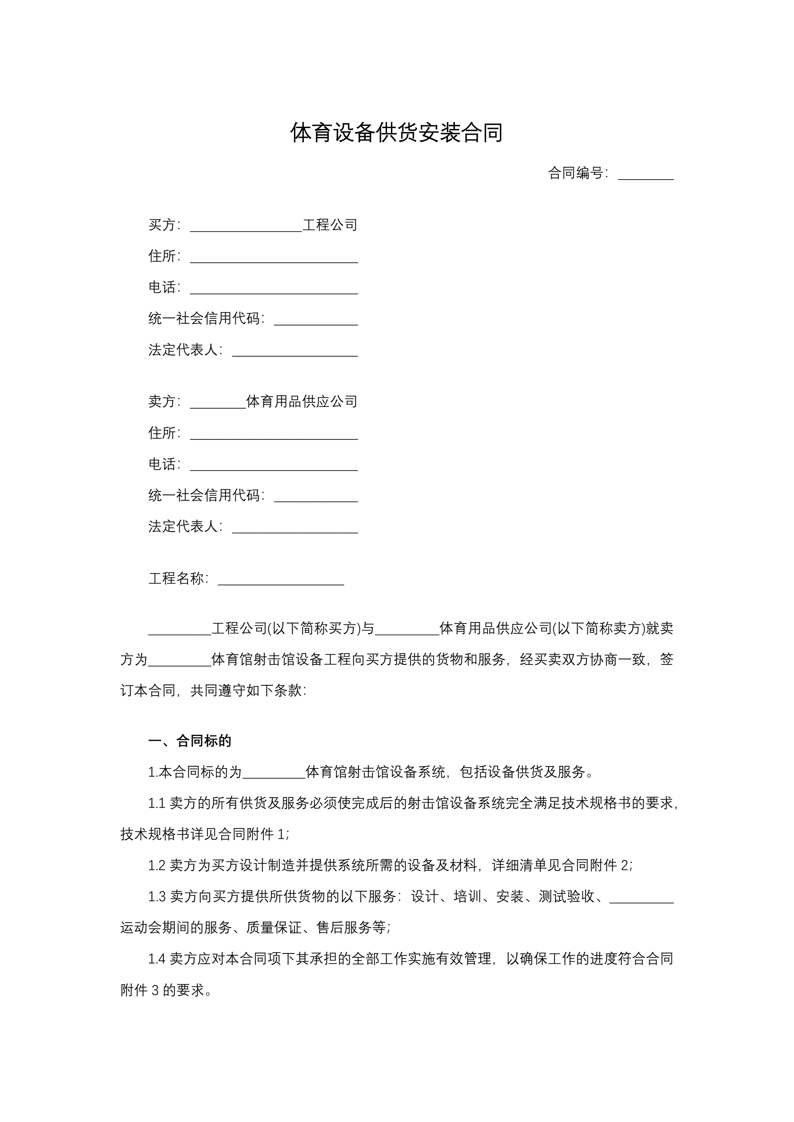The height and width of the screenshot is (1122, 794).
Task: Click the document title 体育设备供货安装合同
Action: pos(396,133)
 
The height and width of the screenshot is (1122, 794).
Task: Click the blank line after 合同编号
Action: pos(645,175)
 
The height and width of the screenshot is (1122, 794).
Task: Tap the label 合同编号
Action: pos(576,173)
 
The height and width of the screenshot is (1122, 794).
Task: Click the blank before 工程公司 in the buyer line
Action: pos(246,227)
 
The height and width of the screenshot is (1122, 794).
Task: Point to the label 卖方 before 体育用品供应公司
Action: pos(162,401)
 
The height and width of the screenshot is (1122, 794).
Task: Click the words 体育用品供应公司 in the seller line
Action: pos(301,401)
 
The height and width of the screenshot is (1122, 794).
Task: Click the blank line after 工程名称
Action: pos(281,580)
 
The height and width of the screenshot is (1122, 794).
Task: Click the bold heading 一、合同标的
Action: pos(189,741)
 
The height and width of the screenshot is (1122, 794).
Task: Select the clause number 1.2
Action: pos(157,865)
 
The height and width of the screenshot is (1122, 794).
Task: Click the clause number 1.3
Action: pos(157,897)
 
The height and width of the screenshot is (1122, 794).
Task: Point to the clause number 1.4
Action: pos(157,959)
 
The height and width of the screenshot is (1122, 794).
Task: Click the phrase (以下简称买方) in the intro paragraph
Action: pos(314,628)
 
